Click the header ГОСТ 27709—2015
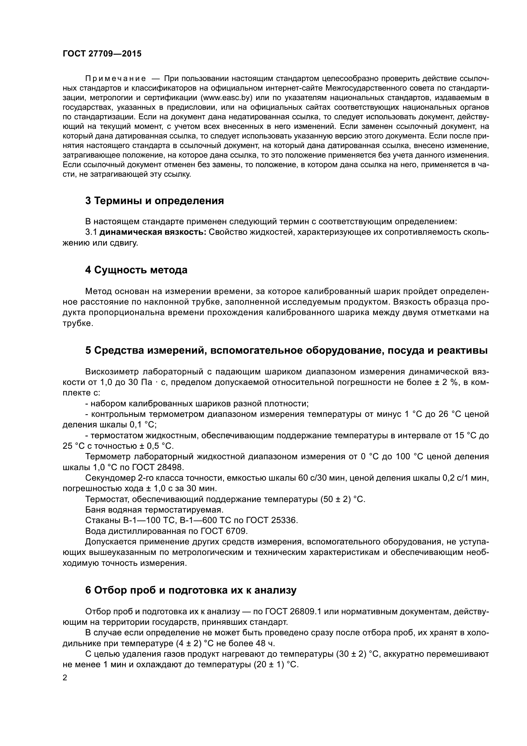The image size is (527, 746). coord(102,54)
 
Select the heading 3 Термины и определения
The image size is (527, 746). coord(155,201)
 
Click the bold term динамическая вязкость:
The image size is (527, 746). coord(153,232)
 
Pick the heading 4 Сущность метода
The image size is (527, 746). coord(136,270)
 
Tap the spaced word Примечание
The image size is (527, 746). coord(116,79)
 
